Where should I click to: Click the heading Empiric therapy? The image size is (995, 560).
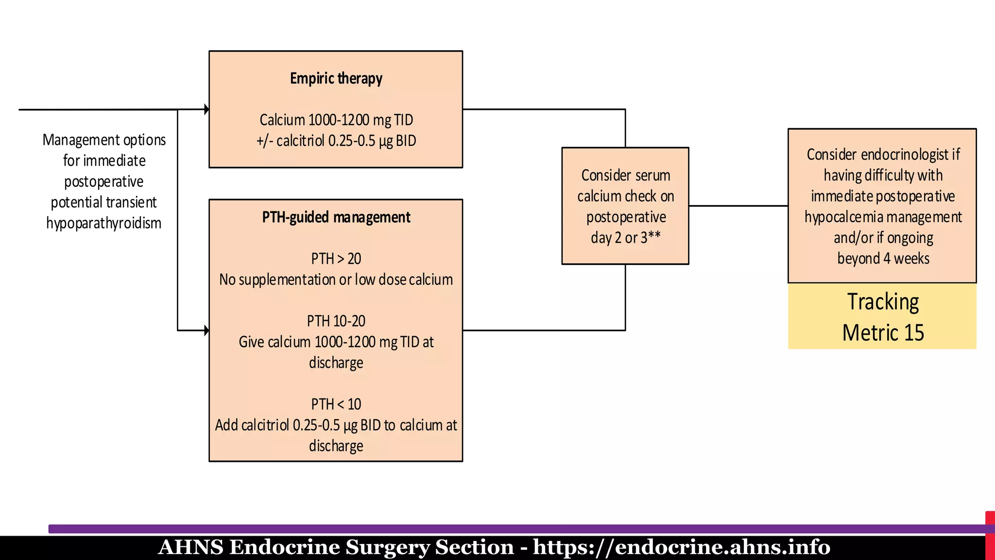336,78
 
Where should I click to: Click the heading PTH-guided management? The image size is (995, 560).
336,217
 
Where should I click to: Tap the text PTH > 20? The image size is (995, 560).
336,259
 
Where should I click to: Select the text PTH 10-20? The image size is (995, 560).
336,321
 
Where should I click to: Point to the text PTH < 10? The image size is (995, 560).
336,404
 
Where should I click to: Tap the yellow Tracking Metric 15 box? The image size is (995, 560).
882,316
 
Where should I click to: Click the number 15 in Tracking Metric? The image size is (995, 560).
913,333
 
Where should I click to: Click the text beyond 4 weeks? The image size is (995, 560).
883,259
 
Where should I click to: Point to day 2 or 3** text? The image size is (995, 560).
625,238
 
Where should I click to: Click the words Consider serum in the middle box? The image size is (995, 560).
625,175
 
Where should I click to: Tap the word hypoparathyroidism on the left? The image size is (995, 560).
103,223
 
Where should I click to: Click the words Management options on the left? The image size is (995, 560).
104,140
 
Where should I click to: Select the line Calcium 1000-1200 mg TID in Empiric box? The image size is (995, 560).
336,120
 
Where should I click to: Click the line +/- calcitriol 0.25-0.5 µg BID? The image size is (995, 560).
336,141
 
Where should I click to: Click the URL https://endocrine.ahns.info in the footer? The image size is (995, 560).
681,547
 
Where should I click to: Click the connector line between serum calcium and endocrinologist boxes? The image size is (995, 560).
738,206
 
